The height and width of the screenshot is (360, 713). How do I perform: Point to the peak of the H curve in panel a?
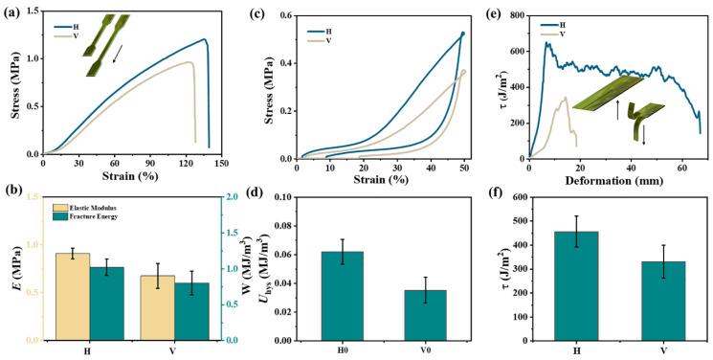click(204, 39)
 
